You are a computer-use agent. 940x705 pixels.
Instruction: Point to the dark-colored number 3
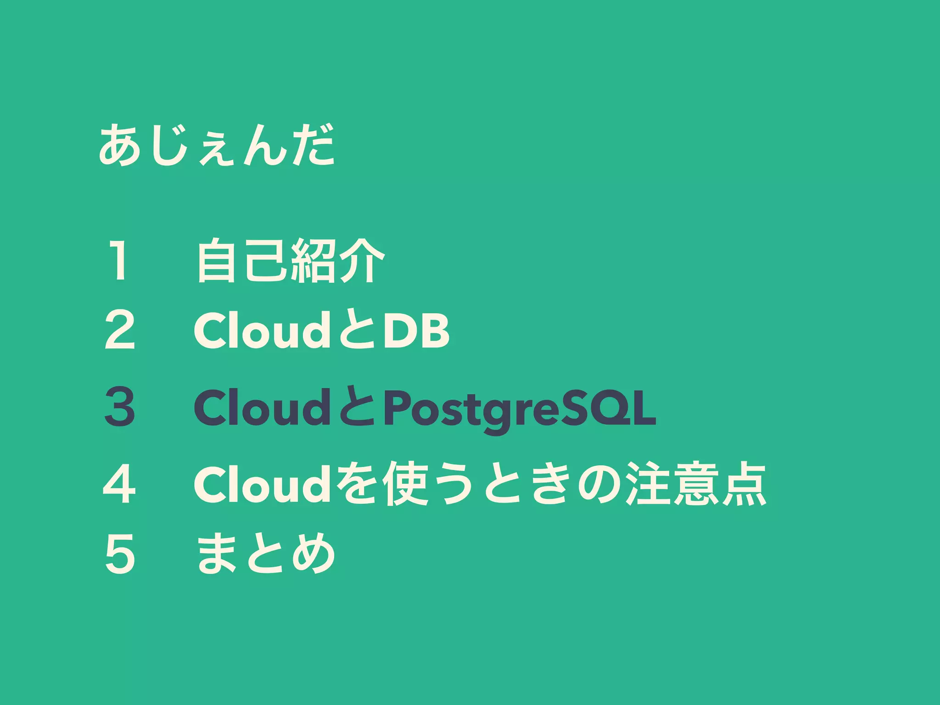coord(120,407)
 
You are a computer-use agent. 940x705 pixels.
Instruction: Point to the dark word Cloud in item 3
coord(260,407)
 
